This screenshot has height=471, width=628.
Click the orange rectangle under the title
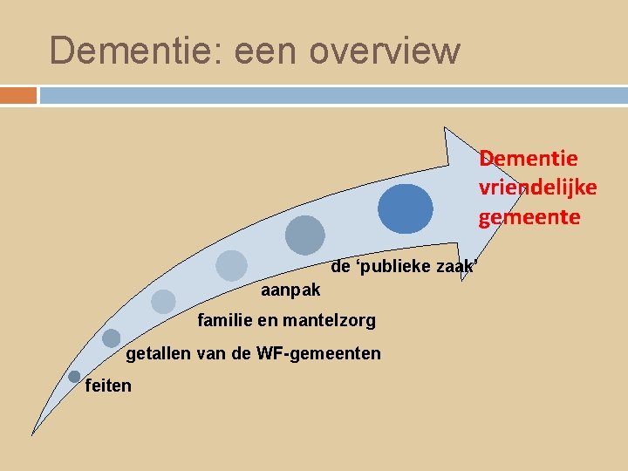pos(18,94)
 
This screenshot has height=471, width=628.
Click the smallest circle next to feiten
pos(74,376)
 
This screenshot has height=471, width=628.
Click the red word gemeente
pos(529,216)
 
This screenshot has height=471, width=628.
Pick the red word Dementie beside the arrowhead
pos(529,158)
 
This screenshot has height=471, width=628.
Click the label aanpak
pos(290,289)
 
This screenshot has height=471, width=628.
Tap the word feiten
pos(109,385)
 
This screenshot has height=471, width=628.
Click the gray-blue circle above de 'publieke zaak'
pos(305,235)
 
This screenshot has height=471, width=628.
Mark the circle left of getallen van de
pos(111,338)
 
